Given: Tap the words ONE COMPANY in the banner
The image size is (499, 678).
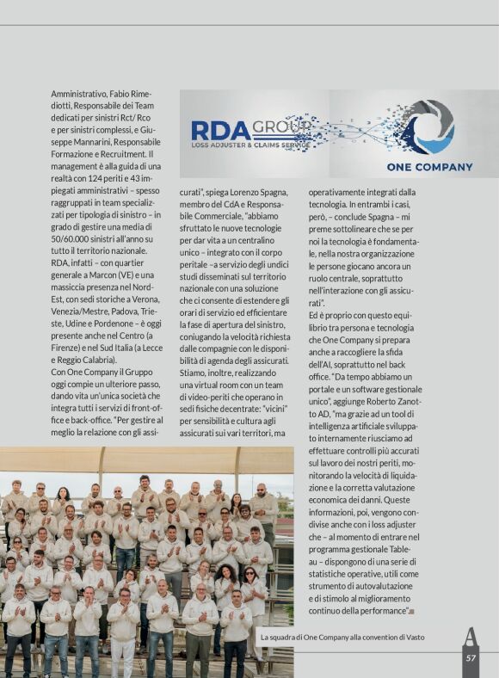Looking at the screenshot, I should pyautogui.click(x=429, y=167).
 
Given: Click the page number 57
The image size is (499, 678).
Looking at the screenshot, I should pyautogui.click(x=471, y=658).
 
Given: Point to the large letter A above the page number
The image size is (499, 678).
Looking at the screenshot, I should pyautogui.click(x=471, y=637).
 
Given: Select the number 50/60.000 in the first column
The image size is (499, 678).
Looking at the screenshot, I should pyautogui.click(x=73, y=237).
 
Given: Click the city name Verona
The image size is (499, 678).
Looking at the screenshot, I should pyautogui.click(x=144, y=298).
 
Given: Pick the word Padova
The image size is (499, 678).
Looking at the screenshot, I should pyautogui.click(x=114, y=310).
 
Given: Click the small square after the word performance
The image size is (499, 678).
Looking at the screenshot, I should pyautogui.click(x=412, y=611).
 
